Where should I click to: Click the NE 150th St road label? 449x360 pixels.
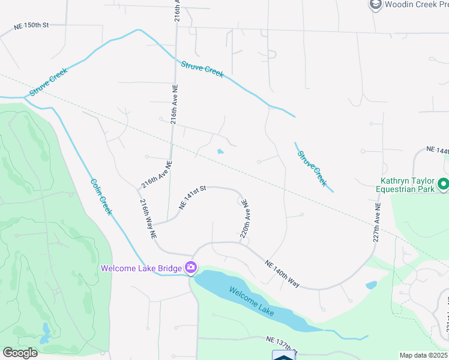pyautogui.click(x=31, y=26)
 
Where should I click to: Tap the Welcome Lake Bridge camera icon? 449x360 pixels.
pyautogui.click(x=191, y=268)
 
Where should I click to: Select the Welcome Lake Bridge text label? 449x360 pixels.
pyautogui.click(x=141, y=268)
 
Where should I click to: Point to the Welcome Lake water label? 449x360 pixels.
pyautogui.click(x=251, y=300)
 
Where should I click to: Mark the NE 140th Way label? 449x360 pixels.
pyautogui.click(x=282, y=273)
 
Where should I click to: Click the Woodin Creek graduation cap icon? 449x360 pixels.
pyautogui.click(x=376, y=5)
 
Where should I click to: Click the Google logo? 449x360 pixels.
pyautogui.click(x=20, y=352)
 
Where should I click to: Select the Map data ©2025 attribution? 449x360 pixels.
pyautogui.click(x=423, y=355)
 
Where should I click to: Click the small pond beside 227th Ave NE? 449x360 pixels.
pyautogui.click(x=371, y=285)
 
